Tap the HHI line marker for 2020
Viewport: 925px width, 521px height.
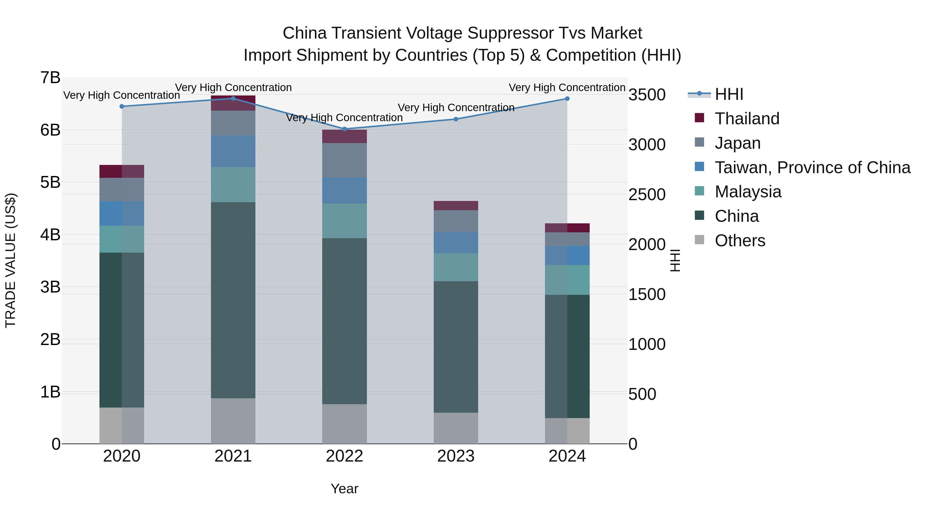tap(122, 107)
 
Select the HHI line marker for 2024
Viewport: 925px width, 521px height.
tap(567, 99)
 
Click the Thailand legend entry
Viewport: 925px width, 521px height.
tap(747, 119)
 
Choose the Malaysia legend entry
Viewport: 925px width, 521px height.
tap(748, 192)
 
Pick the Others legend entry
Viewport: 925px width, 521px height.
tap(740, 241)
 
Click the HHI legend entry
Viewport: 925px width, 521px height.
tap(729, 94)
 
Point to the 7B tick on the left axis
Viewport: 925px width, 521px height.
tap(50, 78)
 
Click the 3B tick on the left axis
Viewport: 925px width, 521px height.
tap(50, 287)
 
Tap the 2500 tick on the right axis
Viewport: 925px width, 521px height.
tap(647, 195)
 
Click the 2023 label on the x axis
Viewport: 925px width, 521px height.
tap(456, 456)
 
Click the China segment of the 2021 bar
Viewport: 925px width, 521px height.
tap(233, 300)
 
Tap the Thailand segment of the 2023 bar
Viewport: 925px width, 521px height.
tap(456, 206)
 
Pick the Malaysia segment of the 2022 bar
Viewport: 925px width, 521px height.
tap(344, 221)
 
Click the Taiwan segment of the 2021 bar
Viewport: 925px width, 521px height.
tap(233, 151)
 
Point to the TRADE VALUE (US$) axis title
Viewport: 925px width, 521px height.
tap(11, 260)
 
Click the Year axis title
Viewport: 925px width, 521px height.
tap(344, 489)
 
